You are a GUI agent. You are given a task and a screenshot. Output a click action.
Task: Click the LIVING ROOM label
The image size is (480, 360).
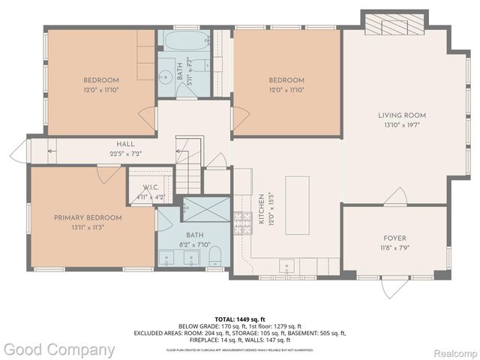click(401, 115)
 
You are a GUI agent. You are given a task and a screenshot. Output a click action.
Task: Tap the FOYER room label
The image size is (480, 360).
click(394, 238)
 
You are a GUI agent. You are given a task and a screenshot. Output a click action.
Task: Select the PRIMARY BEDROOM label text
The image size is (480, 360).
click(88, 217)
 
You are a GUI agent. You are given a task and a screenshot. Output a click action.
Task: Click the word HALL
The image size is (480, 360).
click(125, 144)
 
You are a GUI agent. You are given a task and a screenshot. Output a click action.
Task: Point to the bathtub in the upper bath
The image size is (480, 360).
click(183, 42)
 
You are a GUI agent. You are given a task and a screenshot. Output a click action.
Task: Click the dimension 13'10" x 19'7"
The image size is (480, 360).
click(401, 126)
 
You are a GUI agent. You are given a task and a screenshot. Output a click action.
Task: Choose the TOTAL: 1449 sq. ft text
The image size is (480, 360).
click(240, 319)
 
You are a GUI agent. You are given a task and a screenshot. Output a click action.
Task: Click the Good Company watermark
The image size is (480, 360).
click(58, 349)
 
